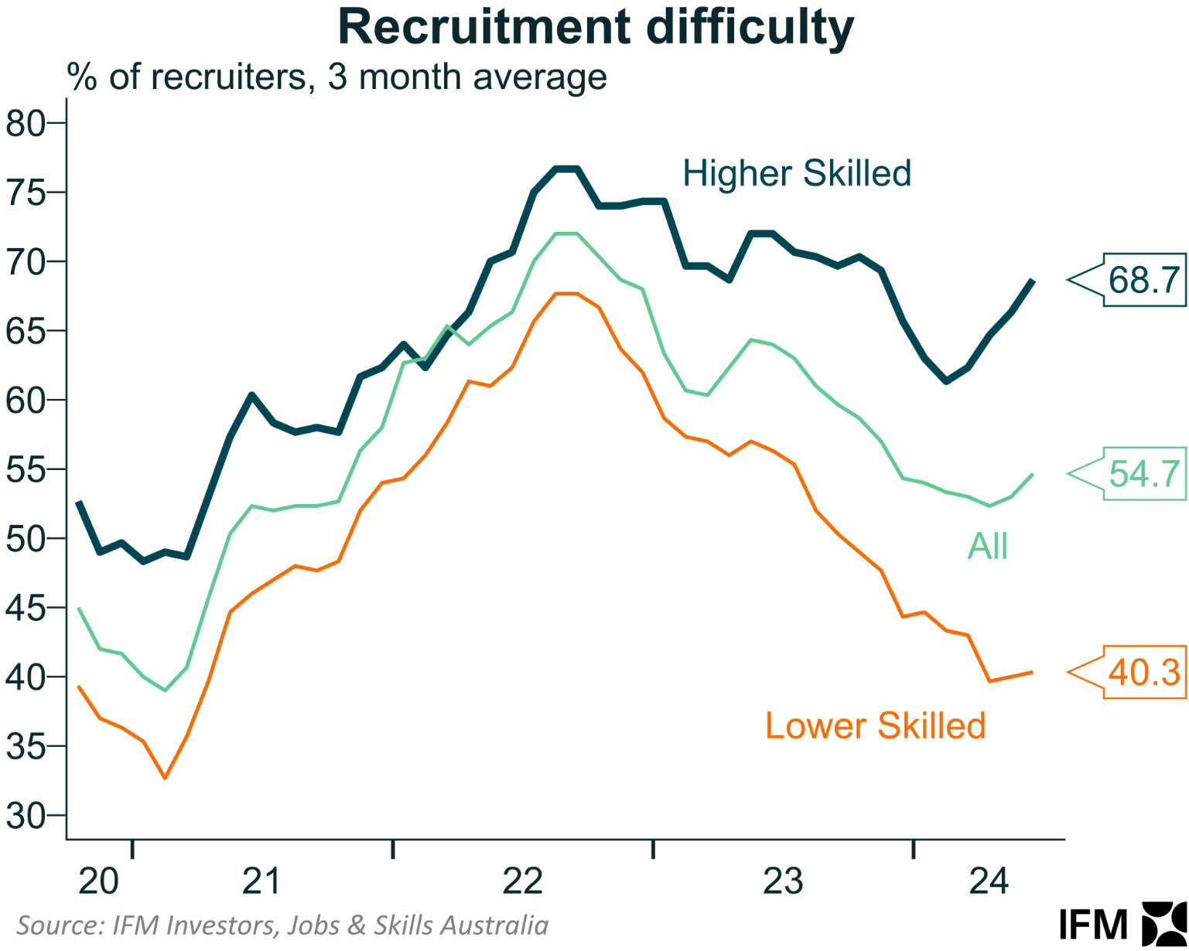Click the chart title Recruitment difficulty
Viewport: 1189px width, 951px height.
pos(596,28)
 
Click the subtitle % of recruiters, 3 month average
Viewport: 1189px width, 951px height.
pos(337,77)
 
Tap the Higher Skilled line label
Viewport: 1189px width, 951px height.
pos(796,173)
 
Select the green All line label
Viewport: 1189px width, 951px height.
pos(987,547)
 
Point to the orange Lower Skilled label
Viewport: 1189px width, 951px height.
pos(875,726)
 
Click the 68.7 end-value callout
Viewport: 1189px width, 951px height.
pos(1143,280)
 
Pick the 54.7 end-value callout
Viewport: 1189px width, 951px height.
pos(1143,473)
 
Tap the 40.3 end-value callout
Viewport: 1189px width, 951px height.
pos(1143,672)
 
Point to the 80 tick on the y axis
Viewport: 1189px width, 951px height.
pos(26,123)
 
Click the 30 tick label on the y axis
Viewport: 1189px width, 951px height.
pos(26,816)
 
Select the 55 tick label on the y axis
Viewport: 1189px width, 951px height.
pos(26,469)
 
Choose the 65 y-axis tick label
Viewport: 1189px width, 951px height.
pos(26,331)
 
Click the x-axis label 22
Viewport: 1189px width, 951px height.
pos(523,881)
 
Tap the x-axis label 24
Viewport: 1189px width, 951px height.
pos(989,881)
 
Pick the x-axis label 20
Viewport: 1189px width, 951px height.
pos(99,881)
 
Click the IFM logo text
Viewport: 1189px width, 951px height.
pos(1093,925)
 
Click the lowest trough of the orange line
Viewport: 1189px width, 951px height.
pos(165,778)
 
